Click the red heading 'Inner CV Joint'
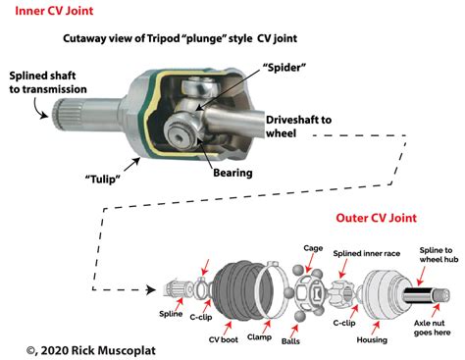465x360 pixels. click(46, 11)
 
